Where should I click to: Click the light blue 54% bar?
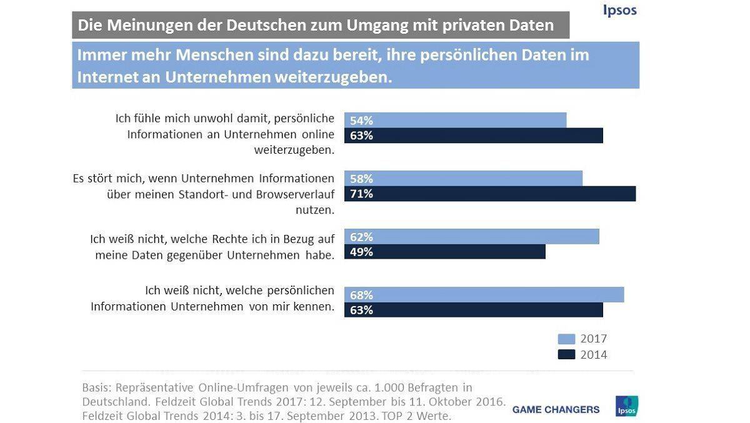pyautogui.click(x=455, y=121)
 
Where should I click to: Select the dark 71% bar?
pyautogui.click(x=490, y=194)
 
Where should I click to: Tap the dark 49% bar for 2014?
pyautogui.click(x=445, y=252)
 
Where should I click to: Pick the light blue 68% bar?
pyautogui.click(x=484, y=295)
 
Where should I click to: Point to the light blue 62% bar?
pyautogui.click(x=471, y=237)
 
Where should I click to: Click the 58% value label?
pyautogui.click(x=361, y=179)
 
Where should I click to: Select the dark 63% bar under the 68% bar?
pyautogui.click(x=473, y=310)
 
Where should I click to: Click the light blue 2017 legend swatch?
pyautogui.click(x=566, y=339)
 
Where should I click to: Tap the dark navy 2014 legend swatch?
pyautogui.click(x=566, y=355)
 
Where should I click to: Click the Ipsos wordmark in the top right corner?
pyautogui.click(x=619, y=10)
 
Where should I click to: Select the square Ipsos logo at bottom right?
pyautogui.click(x=627, y=406)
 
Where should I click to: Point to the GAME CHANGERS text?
pyautogui.click(x=556, y=410)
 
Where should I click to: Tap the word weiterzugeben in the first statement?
pyautogui.click(x=294, y=150)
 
